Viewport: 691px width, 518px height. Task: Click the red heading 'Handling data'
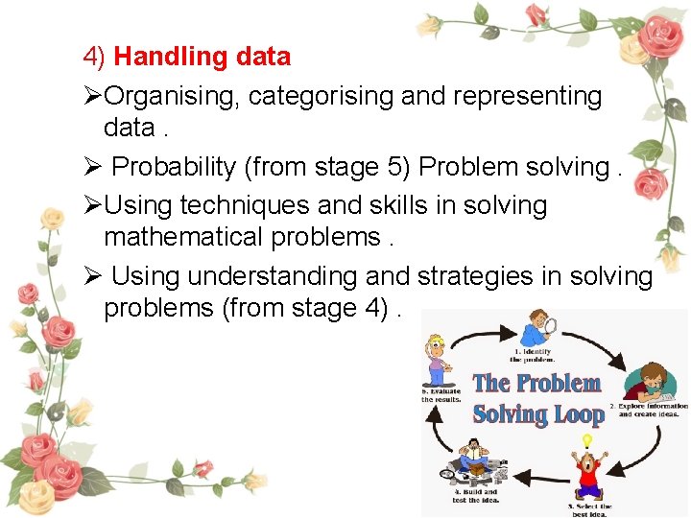click(x=202, y=57)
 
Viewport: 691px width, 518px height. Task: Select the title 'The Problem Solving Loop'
click(x=537, y=398)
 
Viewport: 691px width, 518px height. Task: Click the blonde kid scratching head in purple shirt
click(x=438, y=359)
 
